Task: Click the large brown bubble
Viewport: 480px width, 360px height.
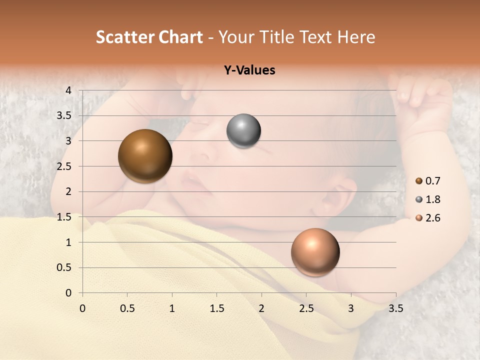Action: coord(145,156)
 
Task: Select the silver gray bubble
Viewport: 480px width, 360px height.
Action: coord(243,131)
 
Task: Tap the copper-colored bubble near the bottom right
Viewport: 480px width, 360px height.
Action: coord(315,252)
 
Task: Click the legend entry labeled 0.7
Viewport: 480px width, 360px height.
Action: coord(432,181)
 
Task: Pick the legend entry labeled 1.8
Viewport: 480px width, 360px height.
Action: coord(432,199)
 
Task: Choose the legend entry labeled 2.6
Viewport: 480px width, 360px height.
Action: coord(432,218)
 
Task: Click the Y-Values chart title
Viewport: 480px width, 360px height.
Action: coord(249,70)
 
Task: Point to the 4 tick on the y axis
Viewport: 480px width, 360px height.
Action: coord(68,90)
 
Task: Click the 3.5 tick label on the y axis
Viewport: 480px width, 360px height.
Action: coord(64,115)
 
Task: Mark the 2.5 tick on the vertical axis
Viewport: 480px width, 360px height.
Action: coord(64,166)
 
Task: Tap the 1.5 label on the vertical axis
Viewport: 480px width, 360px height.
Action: coord(64,217)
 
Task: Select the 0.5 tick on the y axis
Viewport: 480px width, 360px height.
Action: coord(64,268)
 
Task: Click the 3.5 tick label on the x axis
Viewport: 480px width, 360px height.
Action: coord(395,308)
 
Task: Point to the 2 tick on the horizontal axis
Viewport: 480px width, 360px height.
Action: coord(261,308)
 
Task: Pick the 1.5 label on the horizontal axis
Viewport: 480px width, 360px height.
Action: coord(216,308)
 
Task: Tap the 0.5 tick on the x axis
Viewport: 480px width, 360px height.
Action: coord(127,308)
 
